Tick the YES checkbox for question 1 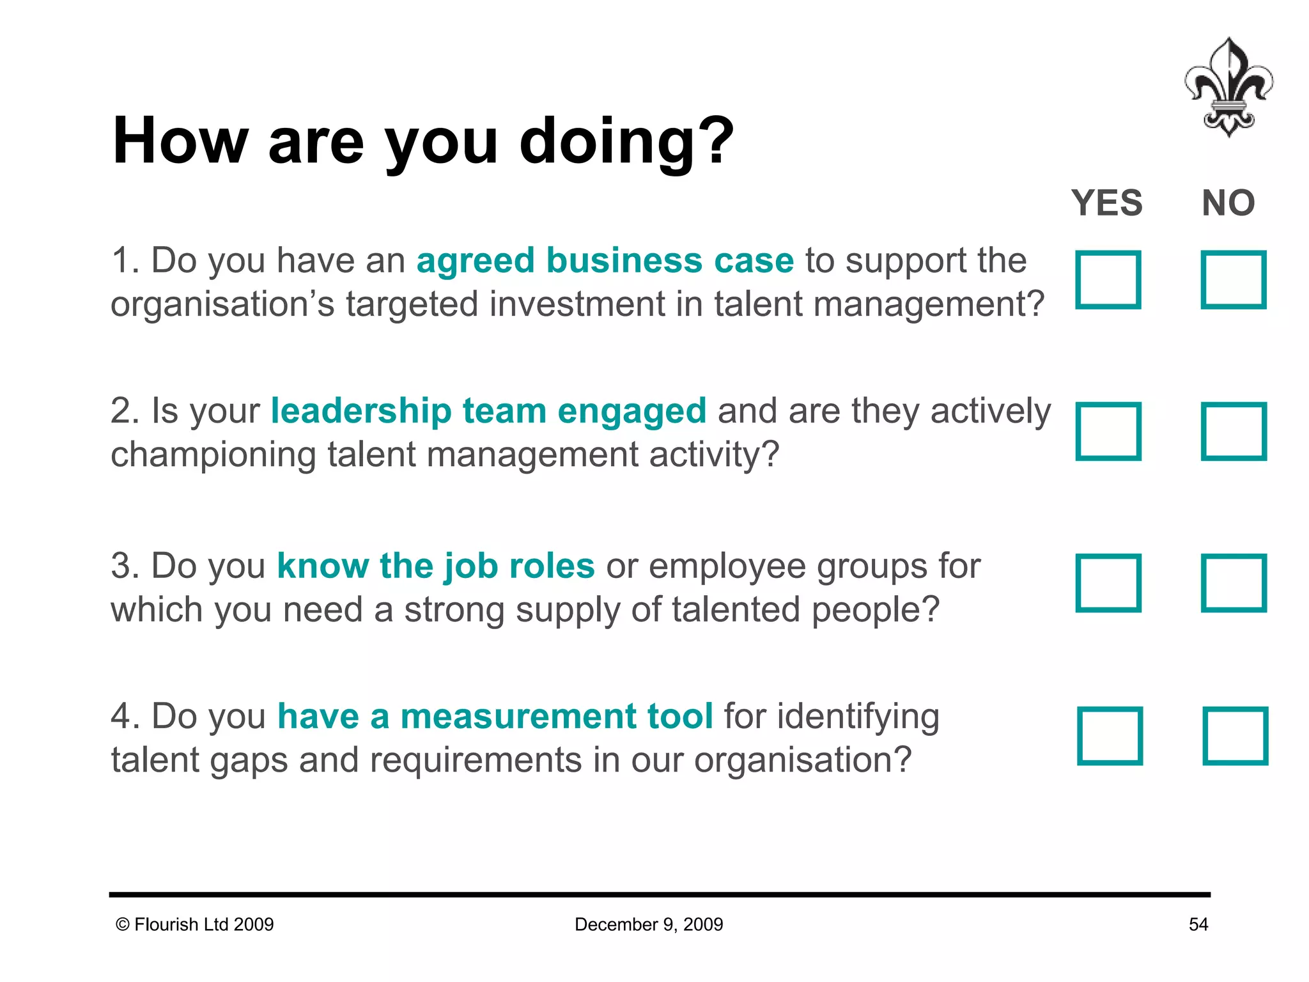(1108, 280)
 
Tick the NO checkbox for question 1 (1234, 280)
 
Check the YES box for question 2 (1108, 432)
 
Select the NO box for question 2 (1234, 432)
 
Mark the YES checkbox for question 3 (1108, 583)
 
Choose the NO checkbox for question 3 (1234, 583)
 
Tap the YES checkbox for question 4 (1110, 736)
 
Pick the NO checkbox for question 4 (1235, 736)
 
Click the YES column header (1107, 203)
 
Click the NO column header (1228, 203)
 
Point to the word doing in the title (604, 142)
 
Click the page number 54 (1198, 924)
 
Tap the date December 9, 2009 (649, 924)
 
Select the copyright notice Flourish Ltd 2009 (195, 924)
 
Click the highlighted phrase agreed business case (605, 261)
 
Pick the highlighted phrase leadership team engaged (488, 411)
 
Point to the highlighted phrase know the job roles (436, 566)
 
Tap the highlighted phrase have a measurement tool (495, 716)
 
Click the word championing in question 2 (213, 455)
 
